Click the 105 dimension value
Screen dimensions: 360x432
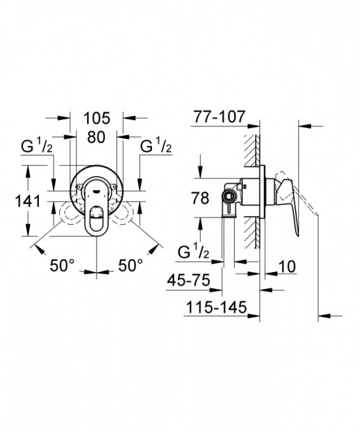tap(97, 118)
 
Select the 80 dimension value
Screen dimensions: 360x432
tap(96, 137)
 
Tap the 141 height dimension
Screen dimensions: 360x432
tap(27, 201)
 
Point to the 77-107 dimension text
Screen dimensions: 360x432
tap(219, 117)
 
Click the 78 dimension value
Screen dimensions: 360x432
tap(200, 198)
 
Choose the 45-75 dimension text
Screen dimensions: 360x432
tap(188, 280)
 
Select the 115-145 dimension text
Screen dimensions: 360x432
tap(216, 307)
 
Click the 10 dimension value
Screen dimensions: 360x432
tap(287, 267)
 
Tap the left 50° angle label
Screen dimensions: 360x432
tap(62, 265)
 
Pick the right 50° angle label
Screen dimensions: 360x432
tap(131, 265)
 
